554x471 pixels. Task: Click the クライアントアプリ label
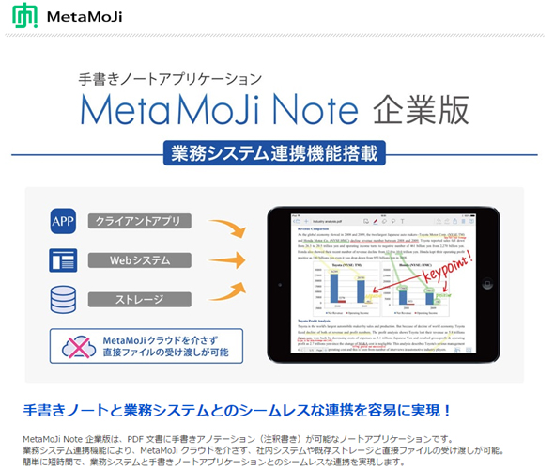pyautogui.click(x=141, y=222)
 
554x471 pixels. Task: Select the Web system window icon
pyautogui.click(x=63, y=260)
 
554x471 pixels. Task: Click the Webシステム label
pyautogui.click(x=141, y=259)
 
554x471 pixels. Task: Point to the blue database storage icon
pyautogui.click(x=63, y=299)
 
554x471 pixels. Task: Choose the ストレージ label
pyautogui.click(x=141, y=299)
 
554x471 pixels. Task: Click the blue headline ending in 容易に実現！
pyautogui.click(x=238, y=410)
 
